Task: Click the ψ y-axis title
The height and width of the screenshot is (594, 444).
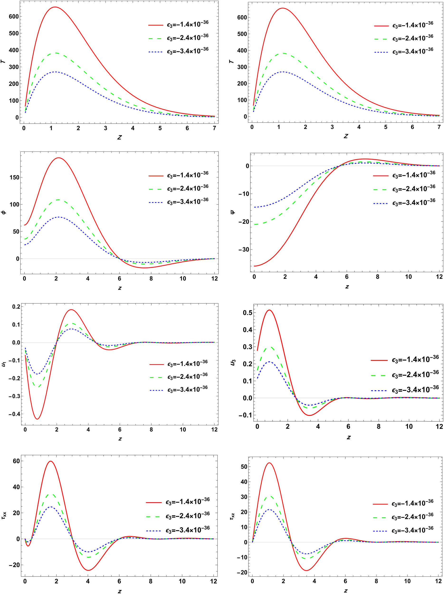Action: point(233,212)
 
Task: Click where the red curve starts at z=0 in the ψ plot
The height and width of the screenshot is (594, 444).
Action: point(254,266)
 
